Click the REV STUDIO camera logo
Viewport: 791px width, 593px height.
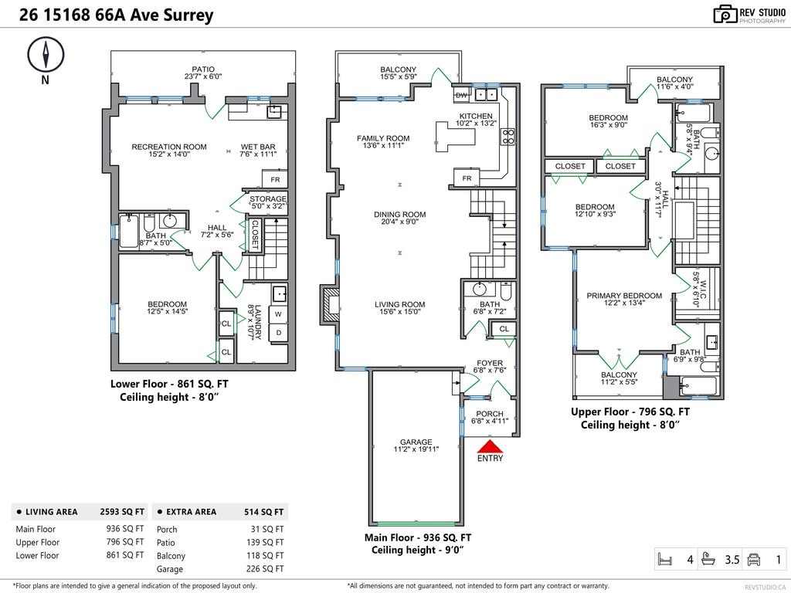tap(725, 14)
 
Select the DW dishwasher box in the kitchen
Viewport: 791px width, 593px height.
tap(462, 95)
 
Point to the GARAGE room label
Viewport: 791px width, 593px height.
tap(416, 442)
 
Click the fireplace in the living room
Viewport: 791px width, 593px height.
tap(330, 304)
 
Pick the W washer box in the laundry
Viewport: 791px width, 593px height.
tap(277, 314)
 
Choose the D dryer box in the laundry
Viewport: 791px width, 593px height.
tap(277, 334)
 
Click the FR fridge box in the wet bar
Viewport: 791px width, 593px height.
tap(275, 179)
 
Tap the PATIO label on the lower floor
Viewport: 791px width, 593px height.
tap(204, 69)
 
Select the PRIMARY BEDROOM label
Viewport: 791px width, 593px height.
tap(623, 296)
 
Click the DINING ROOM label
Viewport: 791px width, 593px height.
tap(399, 215)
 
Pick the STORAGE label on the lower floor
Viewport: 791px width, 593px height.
tap(267, 199)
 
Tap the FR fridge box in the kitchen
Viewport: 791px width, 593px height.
tap(467, 178)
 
